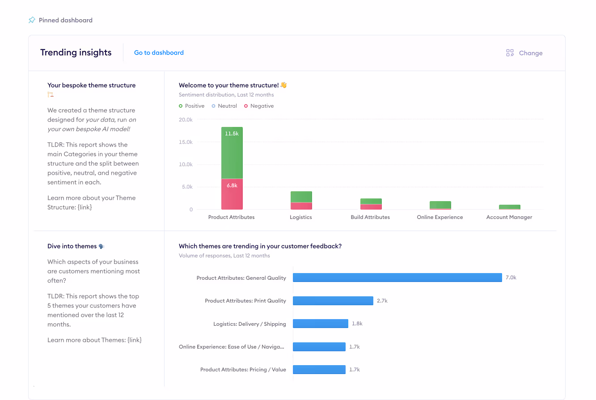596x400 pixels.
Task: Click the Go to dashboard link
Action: click(x=159, y=53)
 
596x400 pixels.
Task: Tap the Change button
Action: click(x=524, y=53)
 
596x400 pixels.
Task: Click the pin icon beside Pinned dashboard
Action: click(x=32, y=20)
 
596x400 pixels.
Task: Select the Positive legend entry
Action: click(x=192, y=106)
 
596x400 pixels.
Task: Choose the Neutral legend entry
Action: click(x=224, y=106)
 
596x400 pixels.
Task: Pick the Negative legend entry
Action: click(x=259, y=106)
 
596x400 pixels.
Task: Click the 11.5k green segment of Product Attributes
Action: click(x=232, y=153)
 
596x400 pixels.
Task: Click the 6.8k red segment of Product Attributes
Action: click(x=232, y=194)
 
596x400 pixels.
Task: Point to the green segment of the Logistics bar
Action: click(x=301, y=197)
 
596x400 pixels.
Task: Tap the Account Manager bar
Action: click(x=510, y=207)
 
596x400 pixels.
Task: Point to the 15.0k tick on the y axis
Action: click(x=186, y=142)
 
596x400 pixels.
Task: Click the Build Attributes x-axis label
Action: click(x=370, y=217)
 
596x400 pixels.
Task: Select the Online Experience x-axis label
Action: click(x=440, y=217)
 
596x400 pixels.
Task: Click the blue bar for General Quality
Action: click(x=397, y=278)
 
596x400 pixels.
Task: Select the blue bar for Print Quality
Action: click(x=333, y=300)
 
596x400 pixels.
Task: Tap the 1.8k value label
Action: click(x=357, y=324)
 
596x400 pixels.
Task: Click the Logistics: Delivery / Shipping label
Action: click(x=249, y=324)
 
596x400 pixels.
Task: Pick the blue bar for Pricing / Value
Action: click(x=319, y=370)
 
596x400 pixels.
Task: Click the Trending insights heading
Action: click(x=76, y=52)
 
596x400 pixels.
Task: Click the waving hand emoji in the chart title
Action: click(x=283, y=85)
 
